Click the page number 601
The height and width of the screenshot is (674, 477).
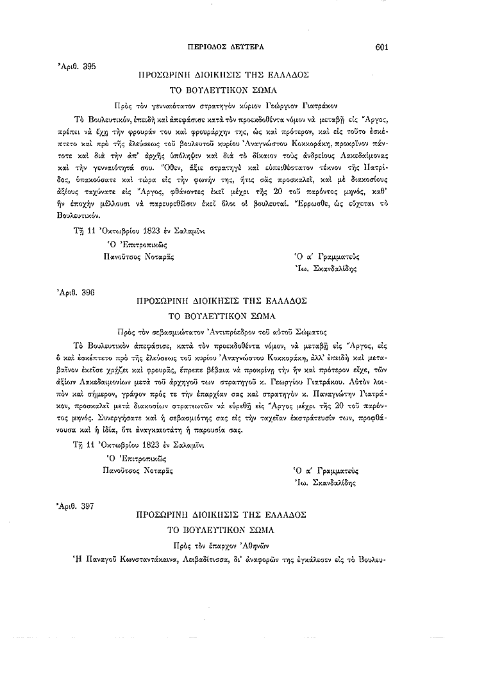[383, 47]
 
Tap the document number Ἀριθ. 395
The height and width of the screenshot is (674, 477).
[76, 66]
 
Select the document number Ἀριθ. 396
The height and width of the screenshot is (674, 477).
[76, 292]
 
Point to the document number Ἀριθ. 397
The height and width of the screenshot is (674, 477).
[76, 506]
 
